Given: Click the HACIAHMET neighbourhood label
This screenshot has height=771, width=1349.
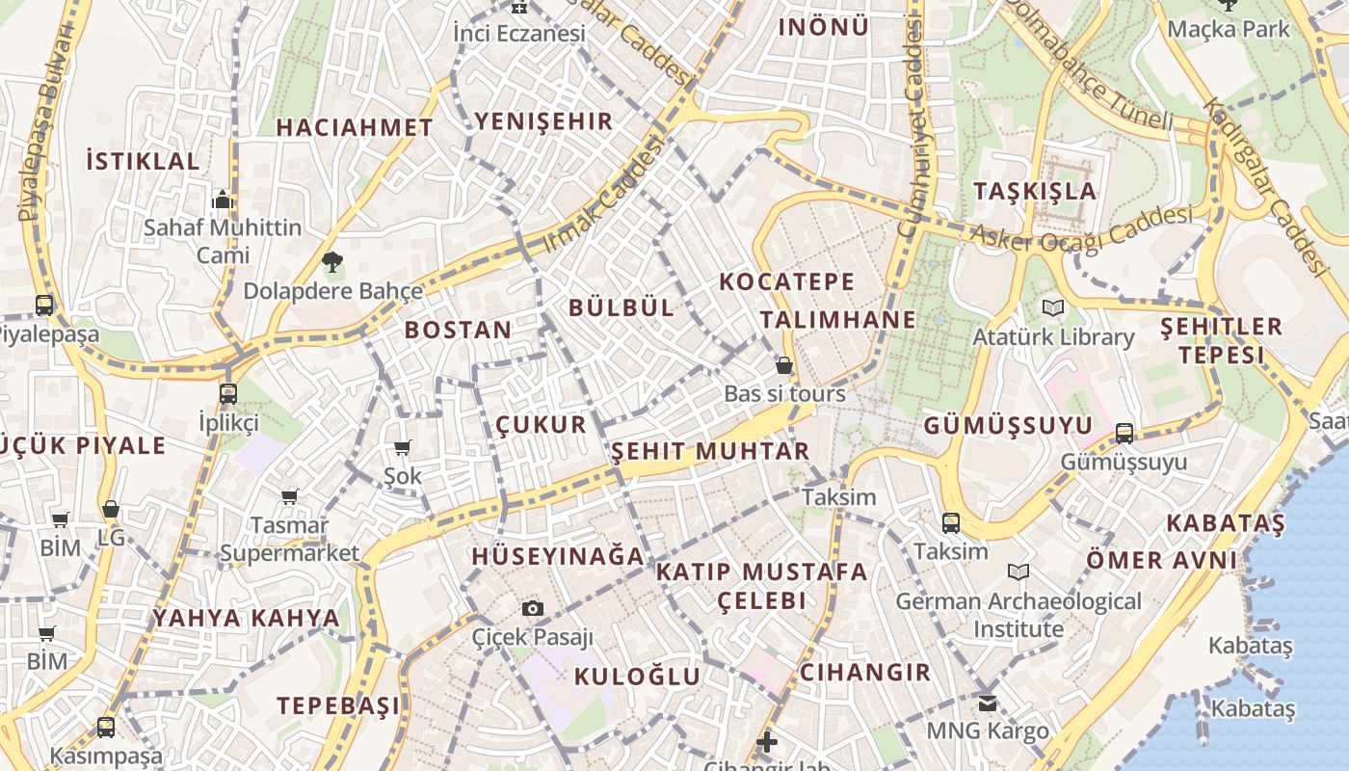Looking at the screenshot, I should click(355, 127).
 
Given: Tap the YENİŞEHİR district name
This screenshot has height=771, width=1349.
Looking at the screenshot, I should click(543, 121).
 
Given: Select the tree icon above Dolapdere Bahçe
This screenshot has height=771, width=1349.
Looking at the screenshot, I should click(332, 261).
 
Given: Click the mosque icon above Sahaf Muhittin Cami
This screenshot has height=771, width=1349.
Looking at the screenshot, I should click(223, 199).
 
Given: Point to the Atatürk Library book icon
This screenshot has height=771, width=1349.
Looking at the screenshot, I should click(1051, 308).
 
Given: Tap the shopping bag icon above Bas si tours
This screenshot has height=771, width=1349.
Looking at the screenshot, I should click(784, 365).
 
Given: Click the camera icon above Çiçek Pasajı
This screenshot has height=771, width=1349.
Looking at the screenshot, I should click(532, 608).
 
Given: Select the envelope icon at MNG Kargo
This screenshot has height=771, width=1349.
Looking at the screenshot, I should click(987, 703).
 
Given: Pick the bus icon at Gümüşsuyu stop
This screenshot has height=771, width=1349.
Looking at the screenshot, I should click(1124, 433).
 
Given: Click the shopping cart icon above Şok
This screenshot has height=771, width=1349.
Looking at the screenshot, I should click(403, 447).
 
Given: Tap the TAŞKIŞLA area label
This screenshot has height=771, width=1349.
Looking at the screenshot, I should click(1035, 191).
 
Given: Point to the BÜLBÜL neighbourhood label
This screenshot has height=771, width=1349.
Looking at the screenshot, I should click(622, 307).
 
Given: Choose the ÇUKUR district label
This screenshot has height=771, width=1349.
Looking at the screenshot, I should click(541, 425).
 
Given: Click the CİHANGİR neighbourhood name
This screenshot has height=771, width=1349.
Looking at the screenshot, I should click(865, 672).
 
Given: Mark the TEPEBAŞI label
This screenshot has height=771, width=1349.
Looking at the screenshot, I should click(338, 705).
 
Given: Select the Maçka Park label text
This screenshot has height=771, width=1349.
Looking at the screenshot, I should click(1228, 29).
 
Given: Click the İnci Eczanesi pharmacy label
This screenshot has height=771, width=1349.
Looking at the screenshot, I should click(519, 33).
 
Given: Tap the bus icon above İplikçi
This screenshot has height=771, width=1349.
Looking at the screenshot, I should click(228, 393).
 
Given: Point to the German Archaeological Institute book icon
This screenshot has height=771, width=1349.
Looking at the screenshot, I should click(1018, 572).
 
